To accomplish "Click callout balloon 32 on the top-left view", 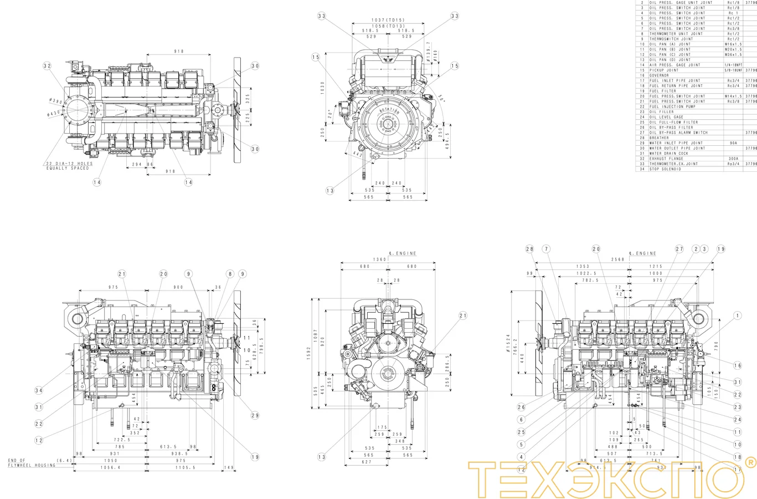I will click(47, 66).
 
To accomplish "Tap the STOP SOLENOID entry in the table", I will click(665, 169).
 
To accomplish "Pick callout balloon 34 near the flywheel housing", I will click(39, 390).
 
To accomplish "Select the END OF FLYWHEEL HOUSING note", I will click(32, 463).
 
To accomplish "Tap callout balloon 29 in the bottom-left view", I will click(255, 415).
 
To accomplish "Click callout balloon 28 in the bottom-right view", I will click(529, 249).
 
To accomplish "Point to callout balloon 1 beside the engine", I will click(737, 315).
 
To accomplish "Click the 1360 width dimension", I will click(379, 259).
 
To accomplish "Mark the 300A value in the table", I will click(733, 159).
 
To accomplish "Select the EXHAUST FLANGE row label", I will click(666, 159).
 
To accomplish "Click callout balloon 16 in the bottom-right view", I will click(737, 365).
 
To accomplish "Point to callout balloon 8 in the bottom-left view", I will click(230, 274).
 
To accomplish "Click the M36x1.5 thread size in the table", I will click(733, 55).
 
